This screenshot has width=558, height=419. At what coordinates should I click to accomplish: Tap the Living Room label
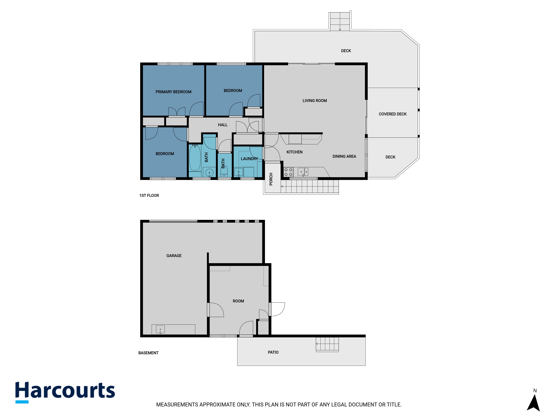[x=315, y=101]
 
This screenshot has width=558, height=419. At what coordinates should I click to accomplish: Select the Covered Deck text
[x=393, y=114]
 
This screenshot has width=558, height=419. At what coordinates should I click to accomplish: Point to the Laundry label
[x=249, y=159]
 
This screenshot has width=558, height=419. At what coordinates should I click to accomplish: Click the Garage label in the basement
[x=174, y=256]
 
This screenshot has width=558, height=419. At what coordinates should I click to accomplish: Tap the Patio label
[x=273, y=352]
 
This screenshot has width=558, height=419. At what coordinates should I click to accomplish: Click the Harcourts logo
[x=65, y=392]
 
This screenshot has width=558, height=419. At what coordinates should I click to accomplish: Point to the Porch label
[x=271, y=179]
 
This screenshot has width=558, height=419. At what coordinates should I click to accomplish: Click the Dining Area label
[x=344, y=156]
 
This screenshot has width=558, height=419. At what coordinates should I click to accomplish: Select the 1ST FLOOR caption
[x=149, y=196]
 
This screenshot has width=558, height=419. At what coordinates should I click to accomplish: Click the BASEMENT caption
[x=148, y=353]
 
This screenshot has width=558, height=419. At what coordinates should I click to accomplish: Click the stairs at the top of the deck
[x=340, y=22]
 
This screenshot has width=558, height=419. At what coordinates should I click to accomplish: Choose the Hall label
[x=223, y=125]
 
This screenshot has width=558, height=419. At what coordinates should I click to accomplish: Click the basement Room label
[x=238, y=301]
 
